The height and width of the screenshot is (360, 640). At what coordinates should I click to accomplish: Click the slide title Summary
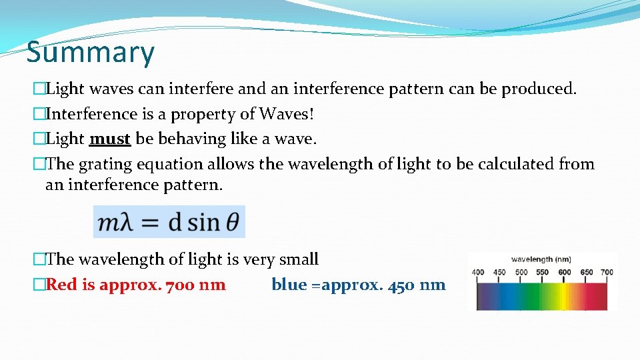point(90,52)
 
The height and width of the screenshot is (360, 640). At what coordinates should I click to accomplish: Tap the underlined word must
point(109,139)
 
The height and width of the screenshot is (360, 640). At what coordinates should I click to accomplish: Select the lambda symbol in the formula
point(125,222)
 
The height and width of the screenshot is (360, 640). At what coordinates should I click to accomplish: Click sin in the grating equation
point(203,222)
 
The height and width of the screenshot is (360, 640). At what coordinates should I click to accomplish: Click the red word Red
point(62,285)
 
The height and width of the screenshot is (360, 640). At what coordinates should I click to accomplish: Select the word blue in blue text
point(289,285)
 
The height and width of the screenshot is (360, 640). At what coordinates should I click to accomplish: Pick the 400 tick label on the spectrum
point(478,272)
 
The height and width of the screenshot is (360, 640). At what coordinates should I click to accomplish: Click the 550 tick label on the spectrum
point(542,272)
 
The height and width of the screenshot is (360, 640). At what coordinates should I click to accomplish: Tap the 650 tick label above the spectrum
point(586,272)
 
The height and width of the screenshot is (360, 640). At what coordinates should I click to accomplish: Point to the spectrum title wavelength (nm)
point(541,259)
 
